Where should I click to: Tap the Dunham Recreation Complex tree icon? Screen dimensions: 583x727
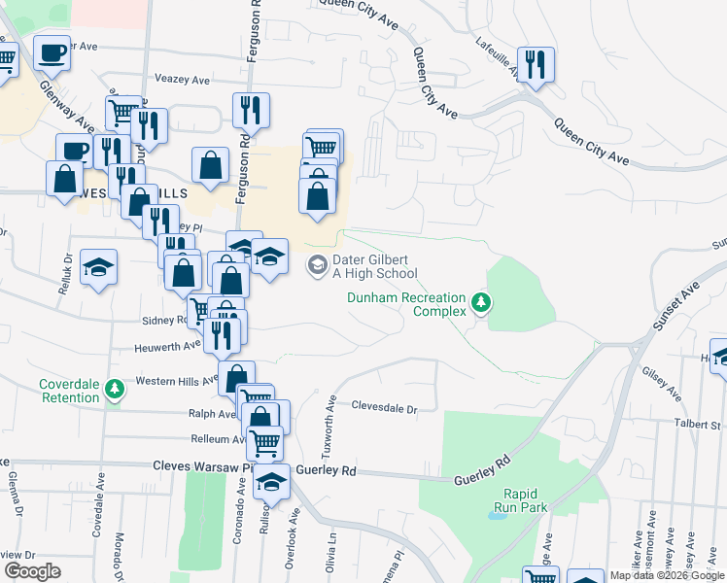[x=479, y=304]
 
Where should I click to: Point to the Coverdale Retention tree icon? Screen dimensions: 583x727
[x=115, y=390]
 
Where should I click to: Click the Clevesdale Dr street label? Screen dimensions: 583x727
[x=384, y=408]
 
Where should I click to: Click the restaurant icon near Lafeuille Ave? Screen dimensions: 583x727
[x=536, y=65]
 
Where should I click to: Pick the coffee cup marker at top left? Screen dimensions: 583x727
[x=52, y=52]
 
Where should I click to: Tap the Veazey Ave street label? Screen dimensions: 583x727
[x=183, y=80]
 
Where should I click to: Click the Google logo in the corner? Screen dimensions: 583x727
[x=31, y=570]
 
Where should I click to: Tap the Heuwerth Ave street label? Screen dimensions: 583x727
[x=173, y=343]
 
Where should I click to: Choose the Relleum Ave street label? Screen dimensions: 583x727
[x=216, y=439]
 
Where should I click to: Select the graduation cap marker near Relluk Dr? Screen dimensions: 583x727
[x=98, y=267]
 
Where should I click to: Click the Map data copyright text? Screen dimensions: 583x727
[x=666, y=575]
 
